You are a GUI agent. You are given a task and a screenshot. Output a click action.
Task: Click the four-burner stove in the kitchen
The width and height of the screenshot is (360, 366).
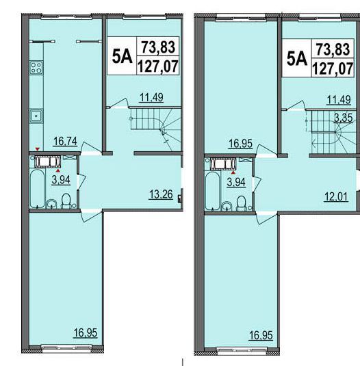[36, 68]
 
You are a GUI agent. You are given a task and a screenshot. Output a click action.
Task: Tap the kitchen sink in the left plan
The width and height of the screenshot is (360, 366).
[36, 116]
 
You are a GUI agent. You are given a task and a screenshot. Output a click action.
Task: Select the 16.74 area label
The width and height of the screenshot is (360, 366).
[66, 141]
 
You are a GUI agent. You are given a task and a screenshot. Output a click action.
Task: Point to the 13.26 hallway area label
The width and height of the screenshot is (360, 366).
[161, 194]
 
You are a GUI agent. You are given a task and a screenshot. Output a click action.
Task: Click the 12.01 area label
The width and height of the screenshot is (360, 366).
[336, 197]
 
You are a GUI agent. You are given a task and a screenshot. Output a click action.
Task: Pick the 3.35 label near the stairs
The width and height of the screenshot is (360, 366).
[343, 118]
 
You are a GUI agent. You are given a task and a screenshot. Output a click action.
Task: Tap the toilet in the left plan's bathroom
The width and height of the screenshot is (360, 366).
[66, 201]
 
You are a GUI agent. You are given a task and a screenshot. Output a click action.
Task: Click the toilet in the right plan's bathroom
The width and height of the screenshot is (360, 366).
[241, 204]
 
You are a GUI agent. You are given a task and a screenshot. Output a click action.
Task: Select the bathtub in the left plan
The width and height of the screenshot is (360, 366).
[38, 189]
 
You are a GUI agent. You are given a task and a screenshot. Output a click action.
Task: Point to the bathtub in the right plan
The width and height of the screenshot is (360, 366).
[212, 191]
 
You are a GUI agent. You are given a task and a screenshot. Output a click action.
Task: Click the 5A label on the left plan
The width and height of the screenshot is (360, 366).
[122, 57]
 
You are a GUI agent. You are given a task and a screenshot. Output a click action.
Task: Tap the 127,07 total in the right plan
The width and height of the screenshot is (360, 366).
[333, 69]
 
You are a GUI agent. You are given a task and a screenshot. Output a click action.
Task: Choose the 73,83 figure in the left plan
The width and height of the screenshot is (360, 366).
[159, 47]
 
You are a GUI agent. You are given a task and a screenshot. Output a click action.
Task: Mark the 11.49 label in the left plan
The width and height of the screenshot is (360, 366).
[151, 97]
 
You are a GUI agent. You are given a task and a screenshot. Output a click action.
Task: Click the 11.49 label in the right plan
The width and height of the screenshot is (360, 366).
[339, 100]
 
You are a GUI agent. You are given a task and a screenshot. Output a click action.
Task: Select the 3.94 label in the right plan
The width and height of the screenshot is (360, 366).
[236, 182]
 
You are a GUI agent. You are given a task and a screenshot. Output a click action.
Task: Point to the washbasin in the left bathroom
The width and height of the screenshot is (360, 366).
[51, 204]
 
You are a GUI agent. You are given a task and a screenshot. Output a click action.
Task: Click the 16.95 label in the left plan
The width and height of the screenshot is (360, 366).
[86, 332]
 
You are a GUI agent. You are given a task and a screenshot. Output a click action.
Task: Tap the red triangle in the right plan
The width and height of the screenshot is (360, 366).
[233, 172]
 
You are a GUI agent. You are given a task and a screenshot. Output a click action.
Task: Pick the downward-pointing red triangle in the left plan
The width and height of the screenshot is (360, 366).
[37, 149]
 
